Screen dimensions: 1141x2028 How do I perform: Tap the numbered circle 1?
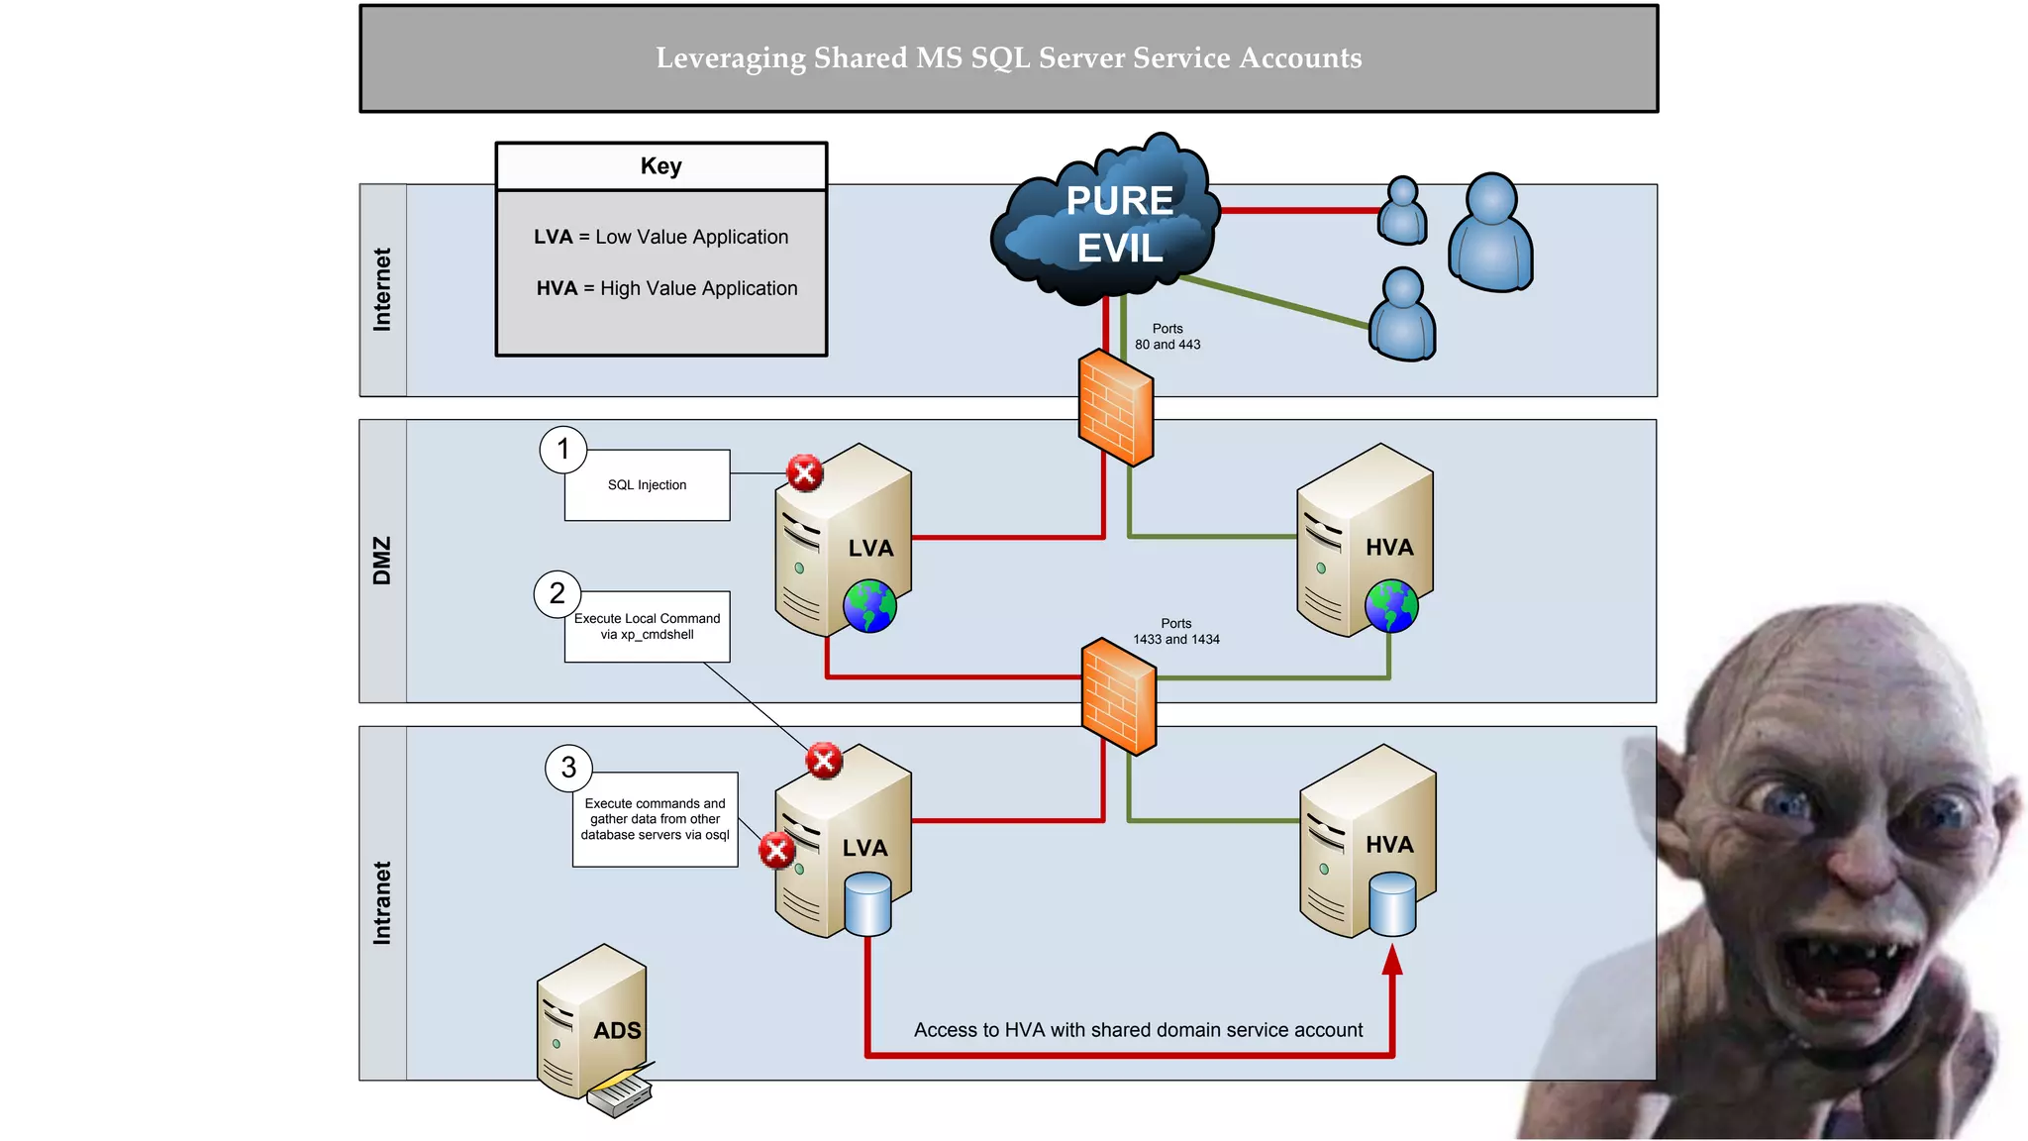pyautogui.click(x=563, y=450)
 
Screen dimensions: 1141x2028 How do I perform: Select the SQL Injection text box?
pyautogui.click(x=647, y=485)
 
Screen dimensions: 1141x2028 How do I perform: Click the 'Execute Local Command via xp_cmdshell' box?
pyautogui.click(x=647, y=627)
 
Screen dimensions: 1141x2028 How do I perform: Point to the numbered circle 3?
pyautogui.click(x=568, y=768)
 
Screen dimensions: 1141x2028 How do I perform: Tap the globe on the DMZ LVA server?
pyautogui.click(x=869, y=606)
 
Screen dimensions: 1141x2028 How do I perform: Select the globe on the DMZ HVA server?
pyautogui.click(x=1391, y=606)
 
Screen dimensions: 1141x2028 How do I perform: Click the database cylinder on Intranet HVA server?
pyautogui.click(x=1392, y=904)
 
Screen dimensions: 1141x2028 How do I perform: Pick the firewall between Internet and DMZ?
pyautogui.click(x=1116, y=407)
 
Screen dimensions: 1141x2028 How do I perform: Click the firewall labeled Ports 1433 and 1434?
pyautogui.click(x=1119, y=696)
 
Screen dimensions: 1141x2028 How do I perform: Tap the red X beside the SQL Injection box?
pyautogui.click(x=805, y=473)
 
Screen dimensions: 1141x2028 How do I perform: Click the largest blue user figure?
pyautogui.click(x=1490, y=234)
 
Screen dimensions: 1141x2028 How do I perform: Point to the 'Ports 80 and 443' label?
pyautogui.click(x=1167, y=337)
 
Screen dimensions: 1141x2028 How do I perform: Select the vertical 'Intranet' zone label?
pyautogui.click(x=382, y=902)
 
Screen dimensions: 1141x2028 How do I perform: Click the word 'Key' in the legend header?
pyautogui.click(x=660, y=166)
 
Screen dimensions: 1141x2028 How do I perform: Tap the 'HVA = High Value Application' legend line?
pyautogui.click(x=666, y=288)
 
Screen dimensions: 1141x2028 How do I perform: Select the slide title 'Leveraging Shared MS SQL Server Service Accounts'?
pyautogui.click(x=1008, y=58)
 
